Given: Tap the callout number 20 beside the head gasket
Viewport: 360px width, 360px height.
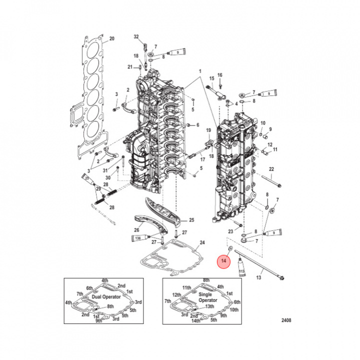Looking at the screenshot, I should (x=112, y=38).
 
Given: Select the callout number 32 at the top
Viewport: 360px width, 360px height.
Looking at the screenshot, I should (x=136, y=37).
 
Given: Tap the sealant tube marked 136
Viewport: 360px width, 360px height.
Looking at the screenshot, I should (x=137, y=239).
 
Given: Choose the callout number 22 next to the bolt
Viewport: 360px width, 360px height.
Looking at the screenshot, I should (x=271, y=169).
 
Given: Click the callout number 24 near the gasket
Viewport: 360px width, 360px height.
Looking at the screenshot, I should (x=202, y=243).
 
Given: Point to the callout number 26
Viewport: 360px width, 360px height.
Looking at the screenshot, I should (x=136, y=230).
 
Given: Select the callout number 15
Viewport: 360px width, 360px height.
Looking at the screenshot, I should (x=211, y=78).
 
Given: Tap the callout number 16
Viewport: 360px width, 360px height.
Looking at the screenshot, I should (x=219, y=75).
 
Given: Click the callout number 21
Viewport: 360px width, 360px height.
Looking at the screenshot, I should (x=129, y=67).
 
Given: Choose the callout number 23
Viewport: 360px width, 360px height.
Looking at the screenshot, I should (x=230, y=231).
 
